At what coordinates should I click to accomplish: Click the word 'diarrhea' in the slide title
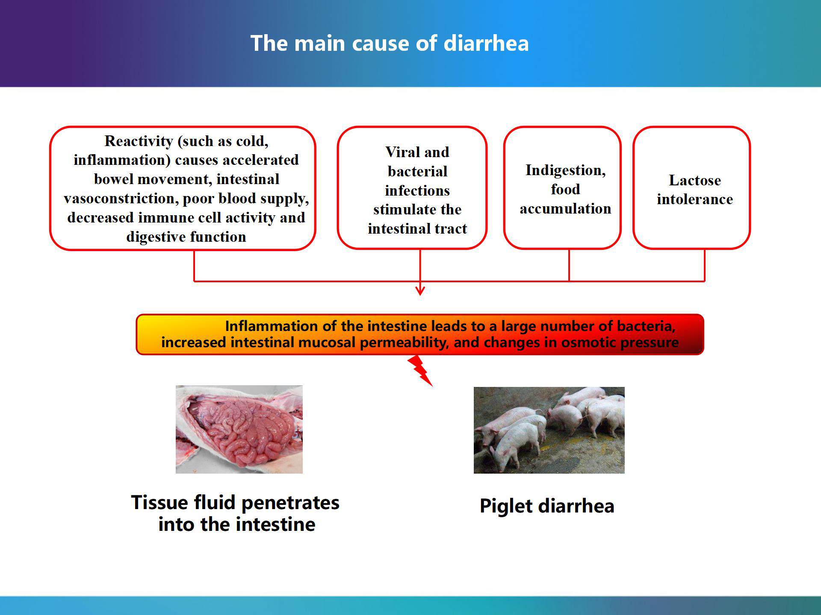486,43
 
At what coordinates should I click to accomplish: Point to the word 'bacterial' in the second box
418,171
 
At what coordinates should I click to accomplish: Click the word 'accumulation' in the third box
565,208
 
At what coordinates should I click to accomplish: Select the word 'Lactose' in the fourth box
695,180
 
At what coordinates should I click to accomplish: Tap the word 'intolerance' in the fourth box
695,199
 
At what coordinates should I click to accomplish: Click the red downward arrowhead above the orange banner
420,291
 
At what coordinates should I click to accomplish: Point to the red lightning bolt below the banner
420,370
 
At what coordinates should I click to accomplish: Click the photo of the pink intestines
239,429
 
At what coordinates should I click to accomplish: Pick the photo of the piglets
549,430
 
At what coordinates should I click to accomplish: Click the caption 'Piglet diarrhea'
547,506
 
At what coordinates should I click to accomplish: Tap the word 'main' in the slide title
319,43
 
